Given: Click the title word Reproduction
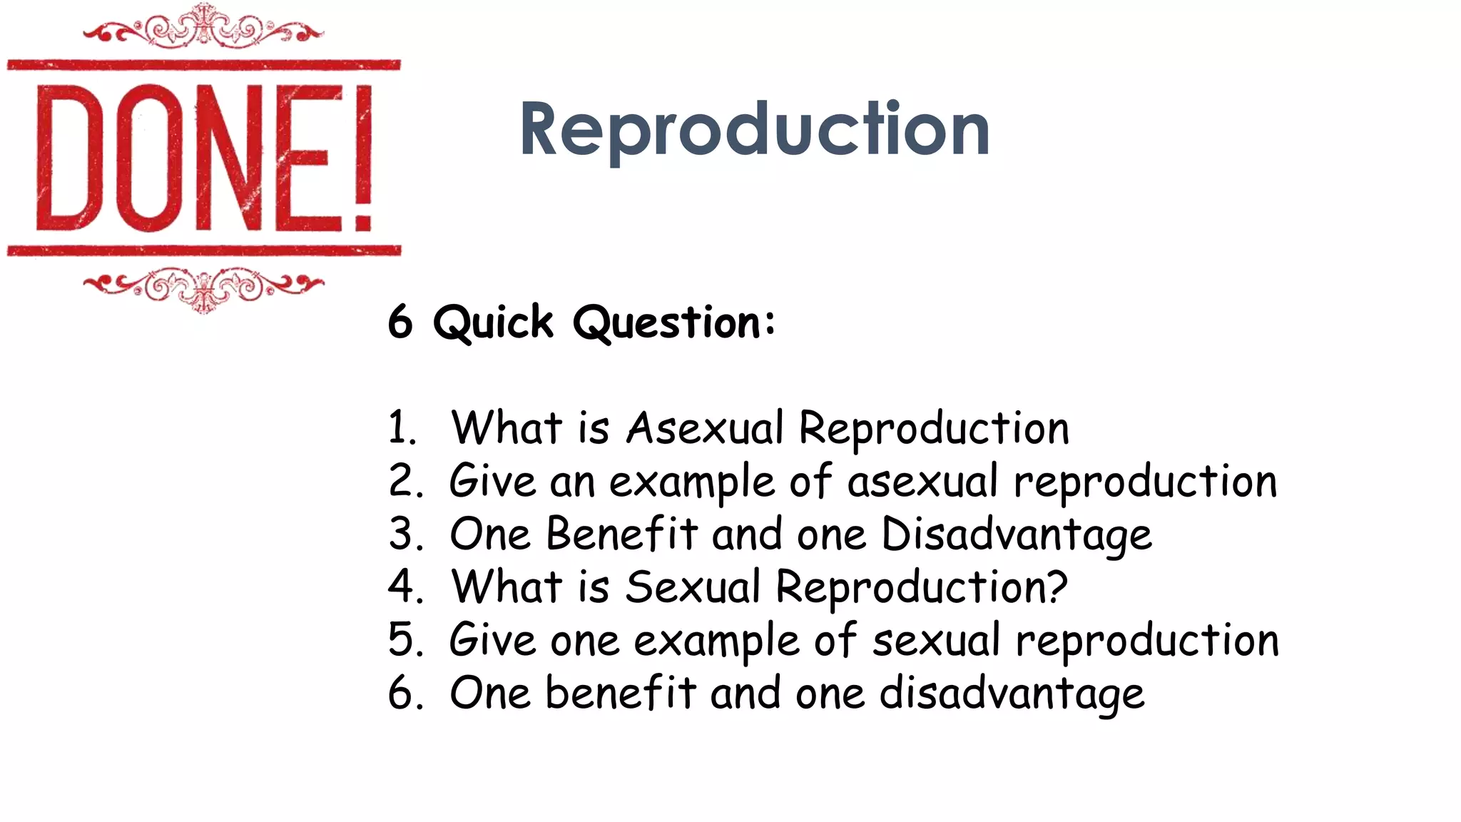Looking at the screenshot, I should (x=754, y=130).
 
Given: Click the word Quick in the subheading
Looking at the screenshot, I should (x=493, y=323).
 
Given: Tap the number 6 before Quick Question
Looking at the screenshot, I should (x=400, y=322).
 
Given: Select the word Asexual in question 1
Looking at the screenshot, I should (x=705, y=428).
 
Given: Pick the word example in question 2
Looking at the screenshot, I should (x=691, y=482).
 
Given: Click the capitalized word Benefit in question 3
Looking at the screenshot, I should (x=621, y=534).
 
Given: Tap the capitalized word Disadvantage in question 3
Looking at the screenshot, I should (x=1016, y=535).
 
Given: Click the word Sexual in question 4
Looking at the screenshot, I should (x=693, y=587).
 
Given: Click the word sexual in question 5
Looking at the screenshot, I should (x=936, y=640).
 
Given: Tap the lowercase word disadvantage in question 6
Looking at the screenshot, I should (x=1012, y=694).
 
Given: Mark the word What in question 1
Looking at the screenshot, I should (x=506, y=428).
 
